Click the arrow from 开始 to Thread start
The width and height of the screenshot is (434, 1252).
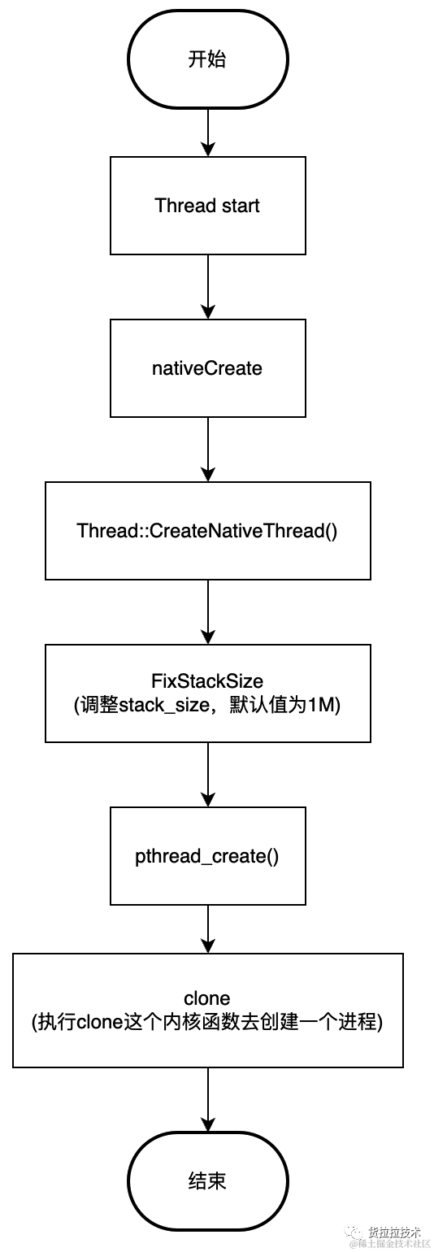[208, 133]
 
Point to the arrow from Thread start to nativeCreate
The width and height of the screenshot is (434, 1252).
[208, 287]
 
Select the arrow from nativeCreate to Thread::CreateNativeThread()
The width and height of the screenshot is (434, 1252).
[208, 450]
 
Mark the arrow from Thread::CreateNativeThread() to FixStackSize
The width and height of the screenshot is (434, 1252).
[208, 612]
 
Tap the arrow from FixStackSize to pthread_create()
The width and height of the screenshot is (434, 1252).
[208, 775]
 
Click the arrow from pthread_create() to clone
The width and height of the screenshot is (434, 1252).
[208, 929]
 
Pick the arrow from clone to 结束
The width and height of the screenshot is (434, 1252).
[208, 1100]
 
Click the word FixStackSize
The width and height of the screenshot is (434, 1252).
[207, 681]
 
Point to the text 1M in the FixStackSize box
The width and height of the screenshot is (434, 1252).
[320, 706]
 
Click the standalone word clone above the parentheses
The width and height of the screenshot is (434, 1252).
[207, 998]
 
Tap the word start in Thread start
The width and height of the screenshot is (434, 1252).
[241, 206]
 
